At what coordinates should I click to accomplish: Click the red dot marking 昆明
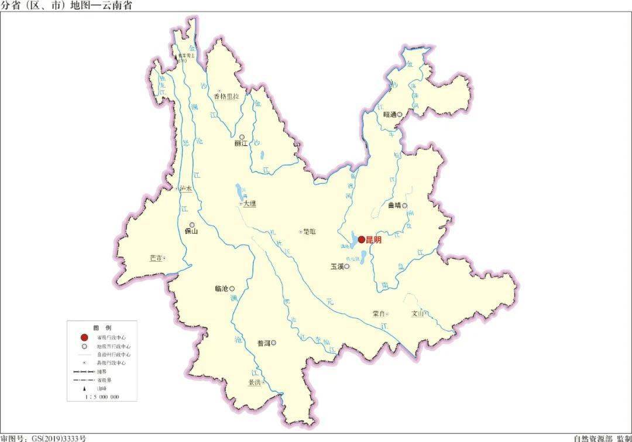click(x=362, y=239)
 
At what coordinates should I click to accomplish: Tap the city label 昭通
click(x=390, y=115)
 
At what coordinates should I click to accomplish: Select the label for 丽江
click(x=241, y=143)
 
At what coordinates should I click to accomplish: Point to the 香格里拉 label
click(x=226, y=97)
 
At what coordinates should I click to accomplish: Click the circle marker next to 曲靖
click(x=404, y=205)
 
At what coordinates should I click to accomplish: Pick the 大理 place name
click(x=250, y=204)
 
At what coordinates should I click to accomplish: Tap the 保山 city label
click(x=191, y=231)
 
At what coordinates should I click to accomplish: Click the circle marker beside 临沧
click(x=232, y=289)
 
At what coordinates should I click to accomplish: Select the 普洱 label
click(x=263, y=343)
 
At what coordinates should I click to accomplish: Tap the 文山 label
click(x=417, y=313)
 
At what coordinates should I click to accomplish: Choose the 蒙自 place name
click(x=378, y=314)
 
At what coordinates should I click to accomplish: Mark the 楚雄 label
click(x=309, y=232)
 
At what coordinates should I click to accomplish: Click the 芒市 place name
click(x=155, y=258)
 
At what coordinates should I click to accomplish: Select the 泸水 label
click(x=186, y=189)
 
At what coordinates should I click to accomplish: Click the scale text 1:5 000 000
click(x=102, y=397)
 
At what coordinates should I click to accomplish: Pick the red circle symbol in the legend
click(x=84, y=337)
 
